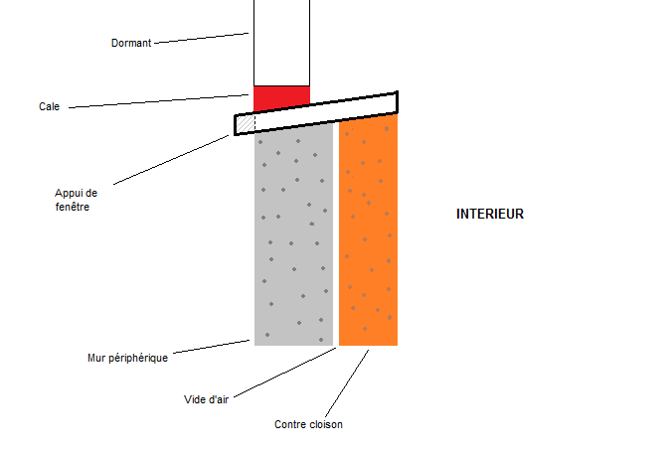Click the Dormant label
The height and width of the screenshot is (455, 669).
[x=131, y=43]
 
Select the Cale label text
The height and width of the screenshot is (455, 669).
[x=50, y=106]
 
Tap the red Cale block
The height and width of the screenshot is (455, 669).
[x=281, y=98]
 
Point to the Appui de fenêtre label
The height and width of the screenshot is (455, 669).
[x=77, y=200]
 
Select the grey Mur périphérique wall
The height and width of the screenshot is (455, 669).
[x=293, y=238]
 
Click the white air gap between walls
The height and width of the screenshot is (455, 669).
[x=336, y=238]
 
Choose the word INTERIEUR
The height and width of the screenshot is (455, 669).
[x=490, y=214]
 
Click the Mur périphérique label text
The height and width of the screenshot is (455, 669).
[x=127, y=358]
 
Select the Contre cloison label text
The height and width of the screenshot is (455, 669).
[x=308, y=424]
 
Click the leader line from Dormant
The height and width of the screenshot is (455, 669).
[x=202, y=38]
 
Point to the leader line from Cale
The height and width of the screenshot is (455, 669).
[x=159, y=101]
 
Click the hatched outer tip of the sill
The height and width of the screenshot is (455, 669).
[x=246, y=123]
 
